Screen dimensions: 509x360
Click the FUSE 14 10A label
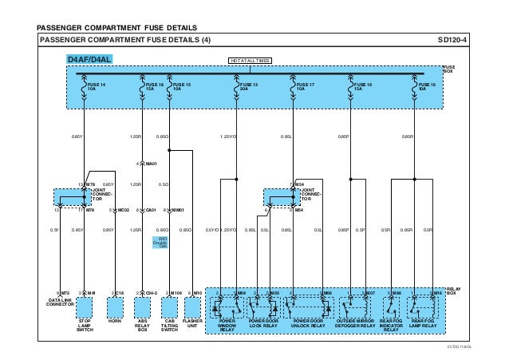pyautogui.click(x=96, y=85)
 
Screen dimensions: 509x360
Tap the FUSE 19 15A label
pyautogui.click(x=362, y=85)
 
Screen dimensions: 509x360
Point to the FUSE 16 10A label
pyautogui.click(x=428, y=85)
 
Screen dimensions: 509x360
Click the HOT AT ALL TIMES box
pyautogui.click(x=250, y=60)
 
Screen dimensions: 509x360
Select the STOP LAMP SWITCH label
pyautogui.click(x=85, y=325)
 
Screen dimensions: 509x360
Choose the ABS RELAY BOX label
pyautogui.click(x=142, y=325)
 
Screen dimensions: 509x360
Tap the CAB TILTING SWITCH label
pyautogui.click(x=169, y=325)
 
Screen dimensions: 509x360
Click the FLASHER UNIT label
pyautogui.click(x=194, y=322)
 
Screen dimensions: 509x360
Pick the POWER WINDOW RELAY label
pyautogui.click(x=227, y=325)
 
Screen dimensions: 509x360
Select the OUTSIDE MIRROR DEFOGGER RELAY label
pyautogui.click(x=355, y=322)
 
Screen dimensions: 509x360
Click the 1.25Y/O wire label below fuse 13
pyautogui.click(x=230, y=137)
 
